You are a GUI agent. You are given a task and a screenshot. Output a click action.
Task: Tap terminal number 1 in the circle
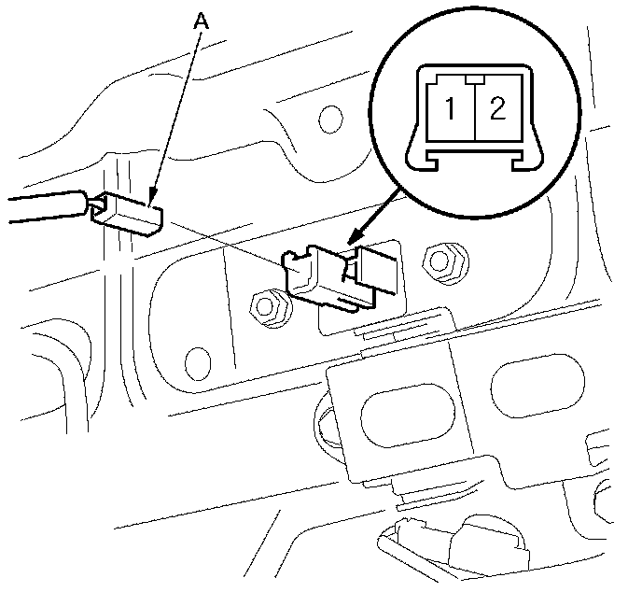click(449, 109)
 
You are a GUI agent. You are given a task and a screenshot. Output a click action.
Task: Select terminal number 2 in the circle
click(496, 109)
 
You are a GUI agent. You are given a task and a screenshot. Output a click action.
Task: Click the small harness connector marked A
click(129, 212)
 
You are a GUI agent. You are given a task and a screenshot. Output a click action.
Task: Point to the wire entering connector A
click(47, 207)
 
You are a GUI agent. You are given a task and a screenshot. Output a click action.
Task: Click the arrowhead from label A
click(152, 197)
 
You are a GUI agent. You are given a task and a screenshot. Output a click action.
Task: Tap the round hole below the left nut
click(197, 359)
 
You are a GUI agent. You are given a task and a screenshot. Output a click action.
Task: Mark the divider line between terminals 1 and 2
click(474, 112)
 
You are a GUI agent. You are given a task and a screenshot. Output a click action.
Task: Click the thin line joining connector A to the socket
click(224, 239)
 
